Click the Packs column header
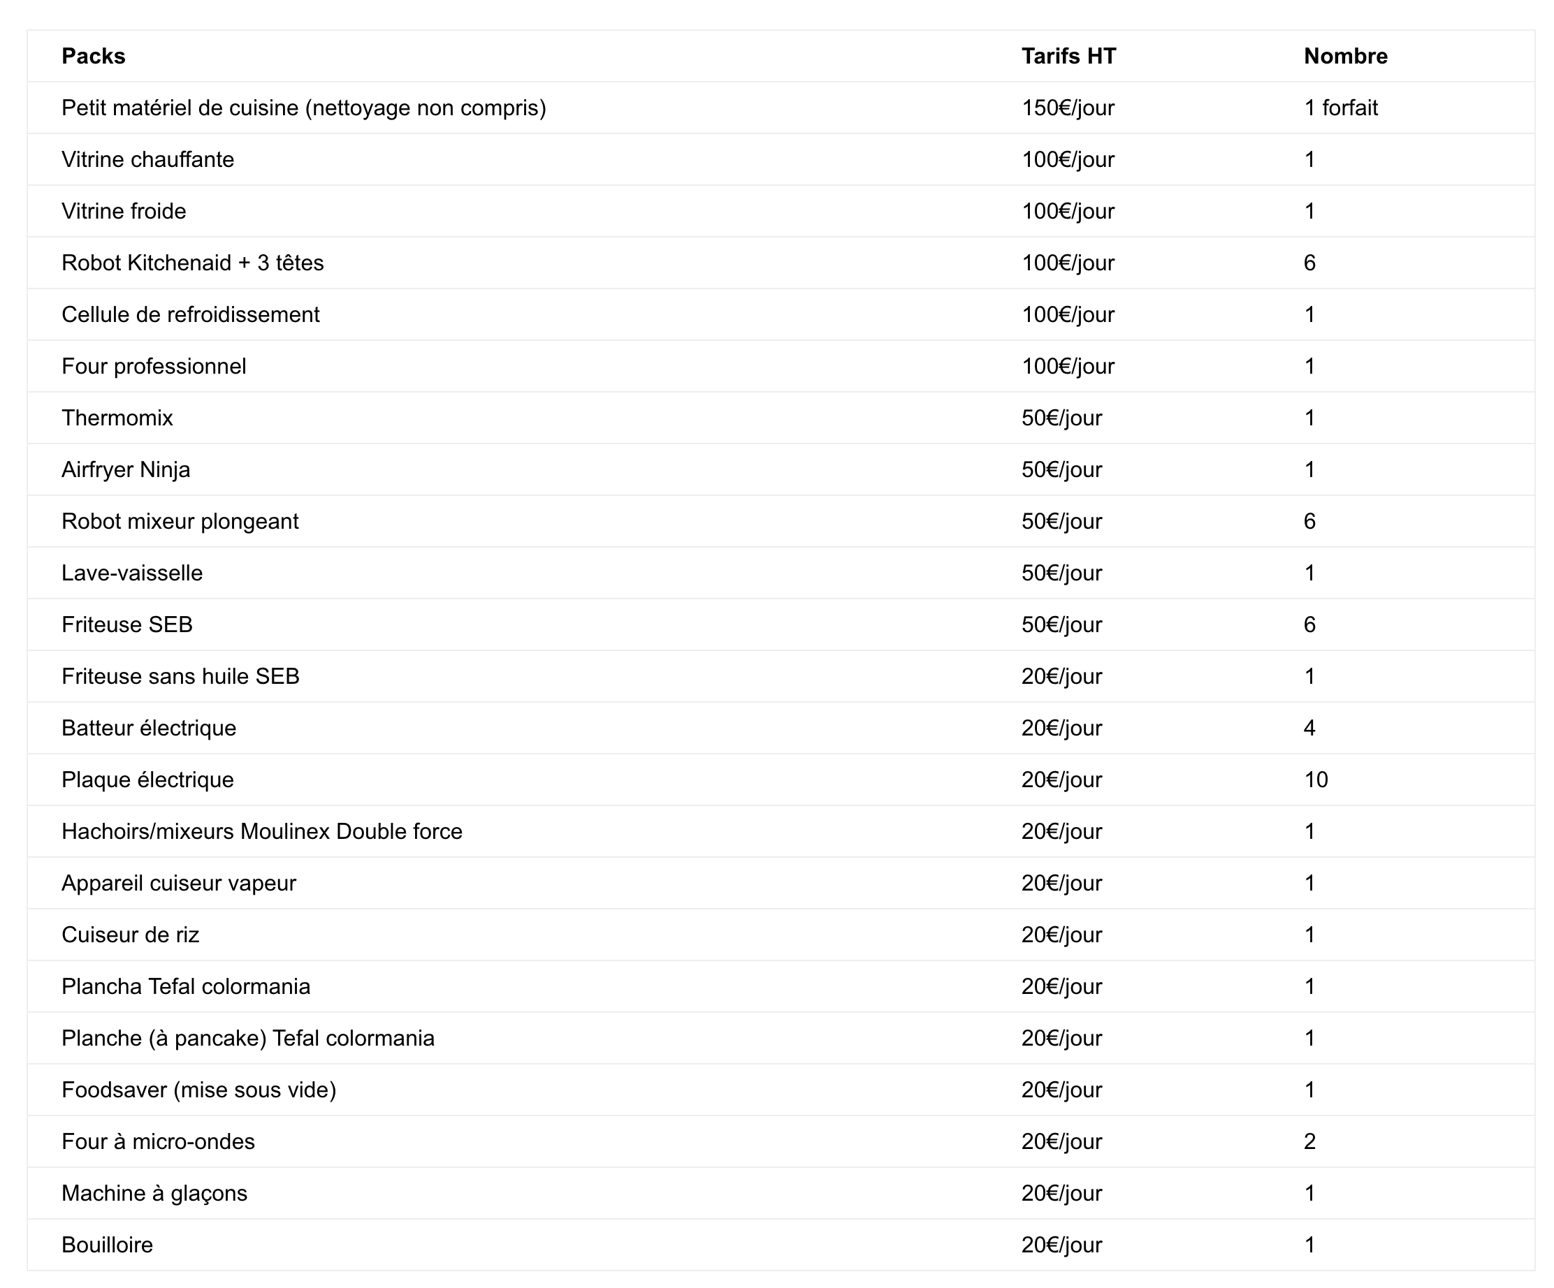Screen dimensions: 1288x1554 coord(93,56)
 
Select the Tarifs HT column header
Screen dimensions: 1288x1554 coord(1068,56)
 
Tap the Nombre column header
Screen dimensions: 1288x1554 coord(1345,56)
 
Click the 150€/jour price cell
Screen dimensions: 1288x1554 coord(1068,108)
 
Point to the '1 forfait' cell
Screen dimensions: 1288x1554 coord(1341,108)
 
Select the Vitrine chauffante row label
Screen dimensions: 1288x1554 coord(148,160)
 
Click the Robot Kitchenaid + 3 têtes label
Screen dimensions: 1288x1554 coord(192,263)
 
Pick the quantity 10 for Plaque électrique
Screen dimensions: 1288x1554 coord(1316,780)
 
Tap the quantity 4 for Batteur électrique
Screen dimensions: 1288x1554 coord(1309,728)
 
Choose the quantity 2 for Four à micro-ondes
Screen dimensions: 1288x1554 coord(1309,1141)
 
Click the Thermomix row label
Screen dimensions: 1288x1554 coord(117,418)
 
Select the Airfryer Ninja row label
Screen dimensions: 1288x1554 coord(126,470)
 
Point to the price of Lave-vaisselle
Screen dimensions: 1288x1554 coord(1062,573)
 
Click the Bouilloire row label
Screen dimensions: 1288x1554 coord(108,1245)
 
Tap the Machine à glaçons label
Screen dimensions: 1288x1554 coord(154,1193)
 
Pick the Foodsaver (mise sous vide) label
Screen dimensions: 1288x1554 coord(198,1090)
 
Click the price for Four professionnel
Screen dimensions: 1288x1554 coord(1068,366)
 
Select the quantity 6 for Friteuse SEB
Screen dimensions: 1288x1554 coord(1309,625)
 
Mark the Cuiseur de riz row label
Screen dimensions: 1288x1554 coord(130,935)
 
